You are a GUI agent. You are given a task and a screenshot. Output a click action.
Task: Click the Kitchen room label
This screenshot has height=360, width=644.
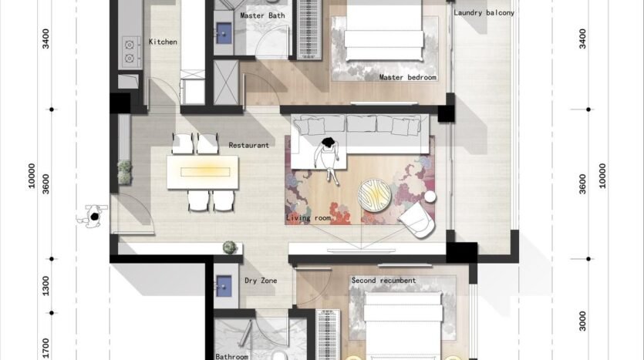pyautogui.click(x=163, y=42)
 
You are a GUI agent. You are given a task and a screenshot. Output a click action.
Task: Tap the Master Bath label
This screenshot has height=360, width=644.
pyautogui.click(x=262, y=15)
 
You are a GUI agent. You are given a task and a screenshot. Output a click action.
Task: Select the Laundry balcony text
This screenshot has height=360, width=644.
pyautogui.click(x=484, y=13)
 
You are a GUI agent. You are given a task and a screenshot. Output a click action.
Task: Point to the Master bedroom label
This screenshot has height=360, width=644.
pyautogui.click(x=407, y=77)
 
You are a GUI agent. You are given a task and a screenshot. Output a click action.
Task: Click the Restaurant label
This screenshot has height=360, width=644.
pyautogui.click(x=249, y=146)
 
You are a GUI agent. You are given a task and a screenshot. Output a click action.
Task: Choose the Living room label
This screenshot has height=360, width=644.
pyautogui.click(x=309, y=218)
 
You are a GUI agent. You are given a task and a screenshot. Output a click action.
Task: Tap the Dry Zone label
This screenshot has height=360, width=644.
pyautogui.click(x=261, y=281)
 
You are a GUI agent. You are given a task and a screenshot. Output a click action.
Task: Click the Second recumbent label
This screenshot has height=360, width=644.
pyautogui.click(x=383, y=281)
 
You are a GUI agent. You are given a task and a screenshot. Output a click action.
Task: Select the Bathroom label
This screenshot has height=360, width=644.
pyautogui.click(x=232, y=357)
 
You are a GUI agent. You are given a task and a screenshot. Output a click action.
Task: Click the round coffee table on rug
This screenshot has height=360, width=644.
pyautogui.click(x=375, y=194)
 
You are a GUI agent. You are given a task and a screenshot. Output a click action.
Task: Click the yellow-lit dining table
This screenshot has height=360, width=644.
pyautogui.click(x=203, y=172)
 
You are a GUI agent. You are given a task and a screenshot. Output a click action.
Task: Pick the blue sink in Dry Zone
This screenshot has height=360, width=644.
pyautogui.click(x=224, y=285)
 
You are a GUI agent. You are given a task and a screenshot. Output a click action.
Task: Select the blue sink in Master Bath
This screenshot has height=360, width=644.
pyautogui.click(x=224, y=33)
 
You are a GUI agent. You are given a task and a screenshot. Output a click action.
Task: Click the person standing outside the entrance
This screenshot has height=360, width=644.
pyautogui.click(x=93, y=216)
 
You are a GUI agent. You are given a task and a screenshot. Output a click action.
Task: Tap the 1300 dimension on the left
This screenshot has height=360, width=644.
pyautogui.click(x=46, y=286)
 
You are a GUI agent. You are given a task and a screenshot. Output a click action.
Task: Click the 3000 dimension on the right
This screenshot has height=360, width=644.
pyautogui.click(x=582, y=321)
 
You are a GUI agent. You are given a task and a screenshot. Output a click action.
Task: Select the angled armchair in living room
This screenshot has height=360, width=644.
pyautogui.click(x=417, y=220)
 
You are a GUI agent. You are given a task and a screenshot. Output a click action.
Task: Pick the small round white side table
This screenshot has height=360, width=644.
pyautogui.click(x=430, y=197)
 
